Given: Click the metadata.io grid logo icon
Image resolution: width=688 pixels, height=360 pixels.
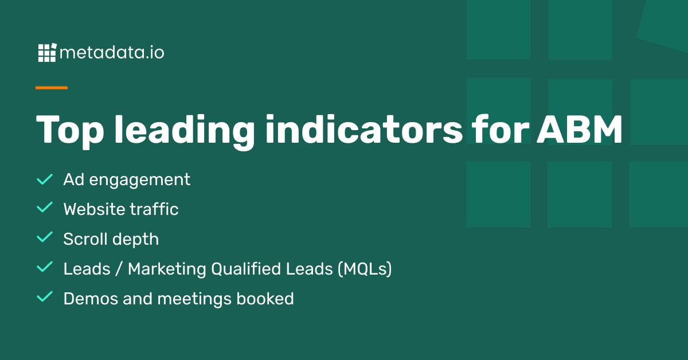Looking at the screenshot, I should pyautogui.click(x=48, y=53).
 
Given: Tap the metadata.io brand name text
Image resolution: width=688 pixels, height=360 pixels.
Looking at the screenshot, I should pyautogui.click(x=112, y=53).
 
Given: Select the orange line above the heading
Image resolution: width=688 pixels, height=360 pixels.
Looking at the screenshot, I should pyautogui.click(x=52, y=88).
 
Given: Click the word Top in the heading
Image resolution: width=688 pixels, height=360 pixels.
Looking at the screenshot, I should pyautogui.click(x=69, y=131).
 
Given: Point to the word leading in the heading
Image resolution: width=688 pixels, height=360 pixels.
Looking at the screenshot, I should pyautogui.click(x=183, y=131).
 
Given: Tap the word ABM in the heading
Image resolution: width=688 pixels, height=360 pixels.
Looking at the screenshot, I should pyautogui.click(x=579, y=131).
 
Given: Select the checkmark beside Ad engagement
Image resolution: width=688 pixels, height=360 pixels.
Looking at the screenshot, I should pyautogui.click(x=45, y=179).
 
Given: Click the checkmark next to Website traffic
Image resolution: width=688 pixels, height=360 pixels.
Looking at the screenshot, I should pyautogui.click(x=45, y=209).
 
